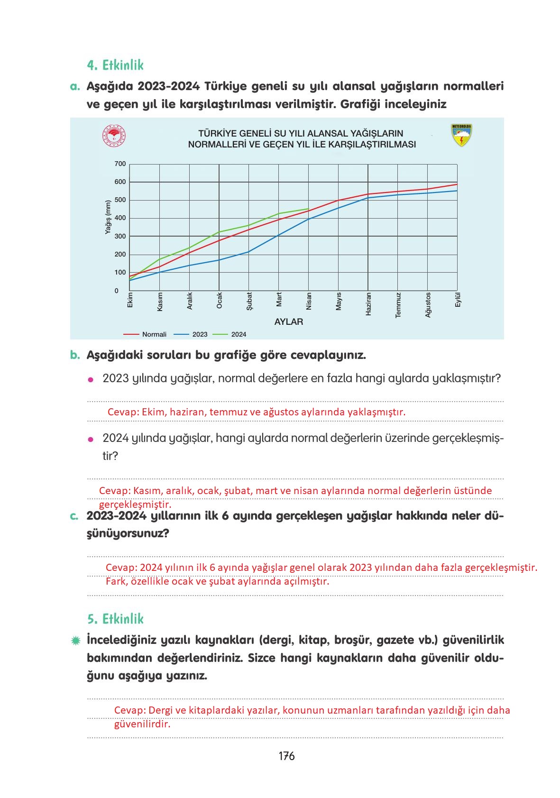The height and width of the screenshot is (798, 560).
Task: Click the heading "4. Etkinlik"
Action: pos(115,65)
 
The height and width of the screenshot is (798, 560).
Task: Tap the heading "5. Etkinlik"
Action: pos(115,619)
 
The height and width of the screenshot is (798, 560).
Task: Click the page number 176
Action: pos(286,756)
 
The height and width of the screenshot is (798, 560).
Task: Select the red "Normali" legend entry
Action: pos(145,334)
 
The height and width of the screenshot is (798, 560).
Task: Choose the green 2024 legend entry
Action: pos(230,334)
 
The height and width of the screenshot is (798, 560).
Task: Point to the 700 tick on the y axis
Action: pos(120,164)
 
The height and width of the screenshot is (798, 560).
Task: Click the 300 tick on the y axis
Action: pos(120,236)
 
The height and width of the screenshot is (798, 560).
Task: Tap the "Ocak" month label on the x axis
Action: pos(219,301)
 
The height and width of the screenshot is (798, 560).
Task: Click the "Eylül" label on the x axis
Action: pos(458,300)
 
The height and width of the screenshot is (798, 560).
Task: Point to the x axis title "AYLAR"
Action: pos(289,321)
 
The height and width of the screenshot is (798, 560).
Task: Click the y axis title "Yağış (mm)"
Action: pos(108,217)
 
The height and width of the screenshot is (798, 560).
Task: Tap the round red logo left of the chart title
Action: pos(114,136)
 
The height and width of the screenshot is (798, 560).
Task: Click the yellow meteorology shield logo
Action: pos(461,135)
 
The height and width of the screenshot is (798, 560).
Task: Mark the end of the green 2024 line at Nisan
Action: pos(309,209)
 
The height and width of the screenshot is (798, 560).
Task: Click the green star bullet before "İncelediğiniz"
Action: pos(75,641)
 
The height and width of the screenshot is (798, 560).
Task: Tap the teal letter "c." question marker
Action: pos(74,516)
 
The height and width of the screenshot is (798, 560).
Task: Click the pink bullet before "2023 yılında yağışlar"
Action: pos(91,379)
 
